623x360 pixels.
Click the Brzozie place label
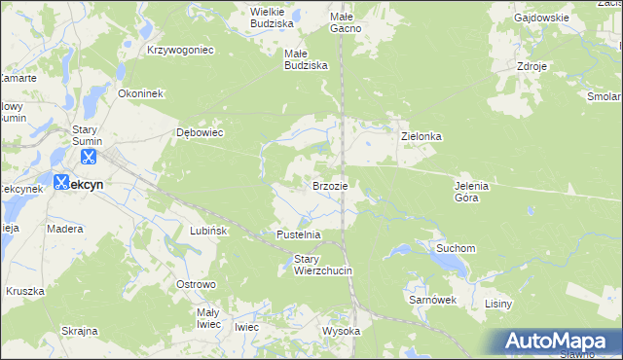[330, 185]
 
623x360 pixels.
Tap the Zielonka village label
[421, 137]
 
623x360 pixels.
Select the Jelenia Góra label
[471, 192]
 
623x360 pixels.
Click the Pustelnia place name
[298, 235]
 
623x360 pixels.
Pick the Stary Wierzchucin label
[322, 265]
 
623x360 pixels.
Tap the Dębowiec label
[200, 132]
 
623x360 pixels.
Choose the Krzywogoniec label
[180, 49]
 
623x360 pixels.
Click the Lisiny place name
[497, 305]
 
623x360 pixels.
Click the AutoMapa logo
[556, 342]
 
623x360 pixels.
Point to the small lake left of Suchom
[401, 251]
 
